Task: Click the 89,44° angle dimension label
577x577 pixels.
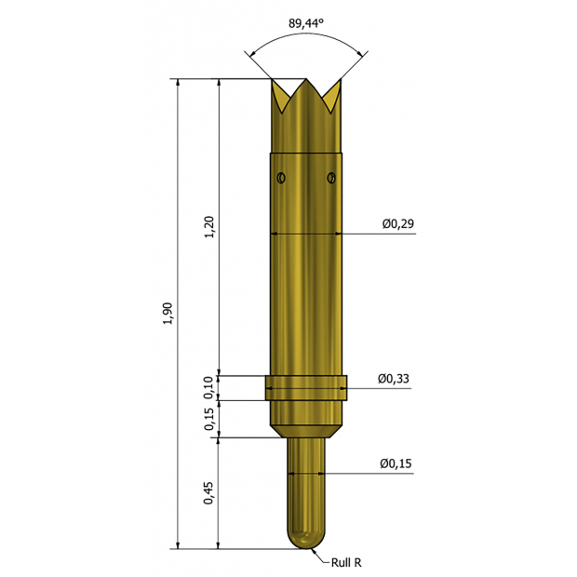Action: [306, 23]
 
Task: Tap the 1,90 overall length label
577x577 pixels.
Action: [168, 313]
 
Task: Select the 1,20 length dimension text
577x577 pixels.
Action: [209, 227]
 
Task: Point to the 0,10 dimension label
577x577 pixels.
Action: [208, 388]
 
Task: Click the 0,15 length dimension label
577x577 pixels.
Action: [208, 419]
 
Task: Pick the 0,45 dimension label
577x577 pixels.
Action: [208, 493]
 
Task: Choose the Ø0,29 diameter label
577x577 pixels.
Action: [397, 223]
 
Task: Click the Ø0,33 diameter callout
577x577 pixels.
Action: [394, 379]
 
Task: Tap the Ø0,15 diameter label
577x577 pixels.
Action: [396, 463]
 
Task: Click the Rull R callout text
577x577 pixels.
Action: [346, 562]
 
